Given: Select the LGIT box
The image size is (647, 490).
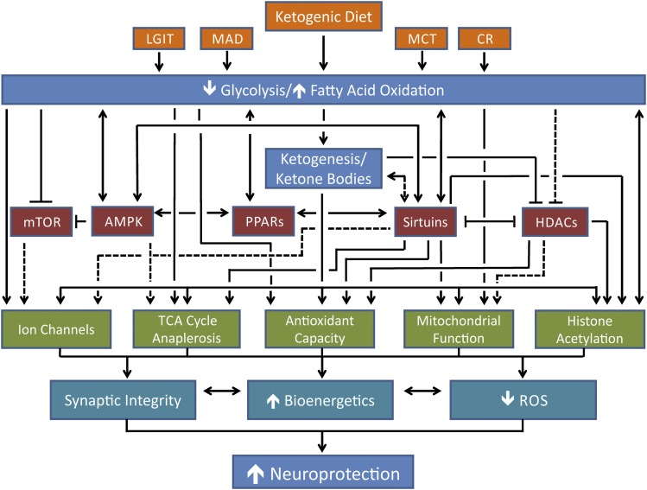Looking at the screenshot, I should pos(159,39).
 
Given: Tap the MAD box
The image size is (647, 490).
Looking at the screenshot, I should pos(225,39).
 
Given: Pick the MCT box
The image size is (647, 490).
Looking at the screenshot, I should pos(422,39).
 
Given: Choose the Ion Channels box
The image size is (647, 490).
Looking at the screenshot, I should pos(60,329).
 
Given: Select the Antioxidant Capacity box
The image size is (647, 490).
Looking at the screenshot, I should pos(320,329).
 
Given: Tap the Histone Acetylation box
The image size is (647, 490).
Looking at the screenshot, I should pos(590,329).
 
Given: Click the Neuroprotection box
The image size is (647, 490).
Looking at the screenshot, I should pos(324,473).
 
